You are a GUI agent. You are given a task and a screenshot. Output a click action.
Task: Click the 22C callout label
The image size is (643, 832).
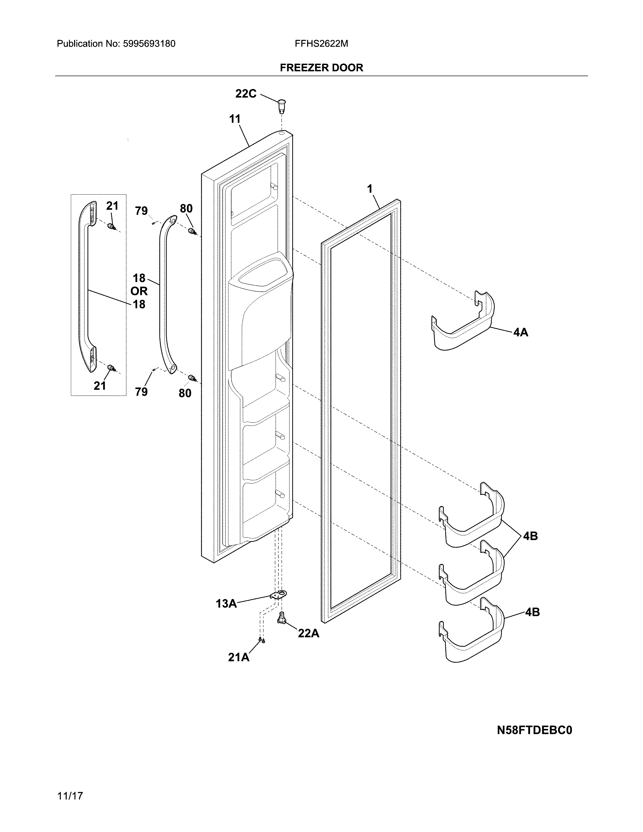click(246, 94)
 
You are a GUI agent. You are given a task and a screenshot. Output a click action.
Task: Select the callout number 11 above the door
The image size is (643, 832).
click(235, 119)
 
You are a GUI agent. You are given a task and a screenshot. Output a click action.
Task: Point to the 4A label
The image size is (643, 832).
click(521, 333)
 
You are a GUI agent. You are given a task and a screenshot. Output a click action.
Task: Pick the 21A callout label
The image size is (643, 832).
click(239, 657)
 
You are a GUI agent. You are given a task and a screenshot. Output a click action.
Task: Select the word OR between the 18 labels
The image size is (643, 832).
click(139, 291)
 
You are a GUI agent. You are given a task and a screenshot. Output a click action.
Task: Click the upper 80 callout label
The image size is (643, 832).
click(186, 209)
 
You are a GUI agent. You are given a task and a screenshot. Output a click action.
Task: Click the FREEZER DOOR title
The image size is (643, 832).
click(321, 68)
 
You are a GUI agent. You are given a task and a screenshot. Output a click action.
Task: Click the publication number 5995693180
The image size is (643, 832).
click(149, 44)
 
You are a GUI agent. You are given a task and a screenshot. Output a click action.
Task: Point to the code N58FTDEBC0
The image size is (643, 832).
click(534, 730)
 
